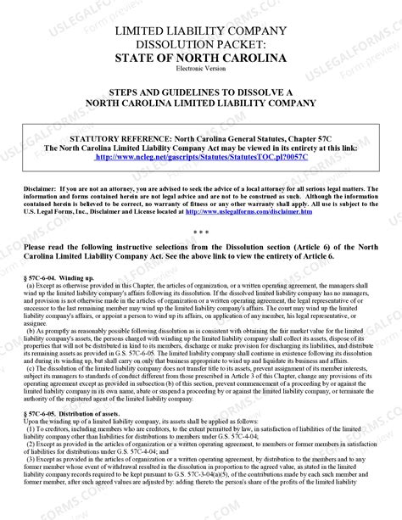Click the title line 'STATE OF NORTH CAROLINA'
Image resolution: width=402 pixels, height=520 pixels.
coord(201,58)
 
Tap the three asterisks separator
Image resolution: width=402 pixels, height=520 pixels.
coord(201,232)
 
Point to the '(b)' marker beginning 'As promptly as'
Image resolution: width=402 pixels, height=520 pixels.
coord(31,330)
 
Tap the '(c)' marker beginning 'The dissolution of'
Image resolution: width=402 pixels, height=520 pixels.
coord(31,367)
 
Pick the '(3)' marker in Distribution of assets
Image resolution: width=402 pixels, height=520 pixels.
coord(31,456)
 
